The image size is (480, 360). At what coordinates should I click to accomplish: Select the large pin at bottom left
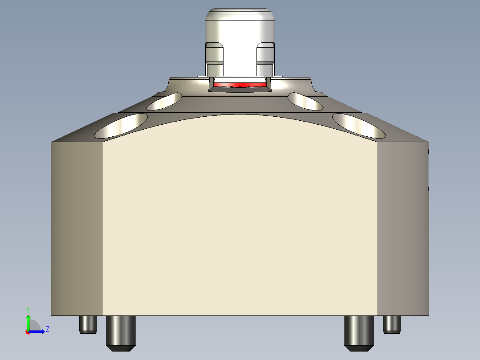click(120, 332)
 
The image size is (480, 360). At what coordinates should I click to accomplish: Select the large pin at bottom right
click(359, 332)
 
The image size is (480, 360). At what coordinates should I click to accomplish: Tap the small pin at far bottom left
click(88, 324)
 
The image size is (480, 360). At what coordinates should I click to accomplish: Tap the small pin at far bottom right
click(392, 324)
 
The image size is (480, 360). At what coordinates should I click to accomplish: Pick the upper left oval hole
click(164, 101)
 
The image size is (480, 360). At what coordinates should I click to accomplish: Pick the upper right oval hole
click(305, 101)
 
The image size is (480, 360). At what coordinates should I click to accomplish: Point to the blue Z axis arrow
click(38, 331)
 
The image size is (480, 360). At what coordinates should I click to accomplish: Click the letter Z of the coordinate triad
click(47, 329)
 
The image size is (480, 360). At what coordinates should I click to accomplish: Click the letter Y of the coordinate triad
click(28, 309)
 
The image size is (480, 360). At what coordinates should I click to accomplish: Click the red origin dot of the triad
click(28, 332)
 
